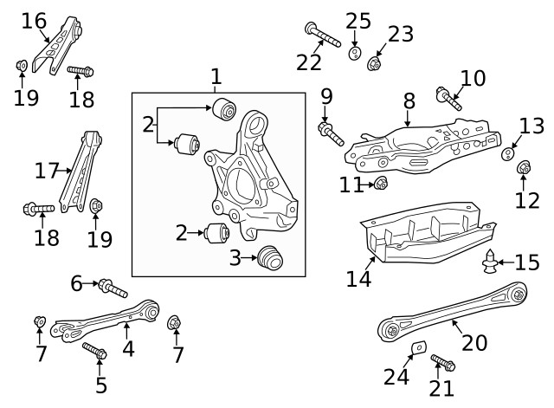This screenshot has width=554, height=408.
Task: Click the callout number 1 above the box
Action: click(216, 77)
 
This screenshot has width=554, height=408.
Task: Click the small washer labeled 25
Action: click(355, 54)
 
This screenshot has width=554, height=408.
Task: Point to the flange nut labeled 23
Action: click(375, 62)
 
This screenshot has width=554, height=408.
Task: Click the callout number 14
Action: click(358, 279)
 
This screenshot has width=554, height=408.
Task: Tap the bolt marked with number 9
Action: click(331, 133)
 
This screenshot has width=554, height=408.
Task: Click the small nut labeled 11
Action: click(380, 183)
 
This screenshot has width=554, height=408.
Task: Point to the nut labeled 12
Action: click(524, 167)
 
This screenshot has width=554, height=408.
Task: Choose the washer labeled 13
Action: click(511, 154)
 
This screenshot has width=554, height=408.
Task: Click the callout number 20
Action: click(475, 343)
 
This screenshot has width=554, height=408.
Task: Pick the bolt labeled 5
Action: click(93, 352)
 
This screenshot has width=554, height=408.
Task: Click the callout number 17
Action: click(47, 170)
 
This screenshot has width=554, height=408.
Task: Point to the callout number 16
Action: click(34, 20)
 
